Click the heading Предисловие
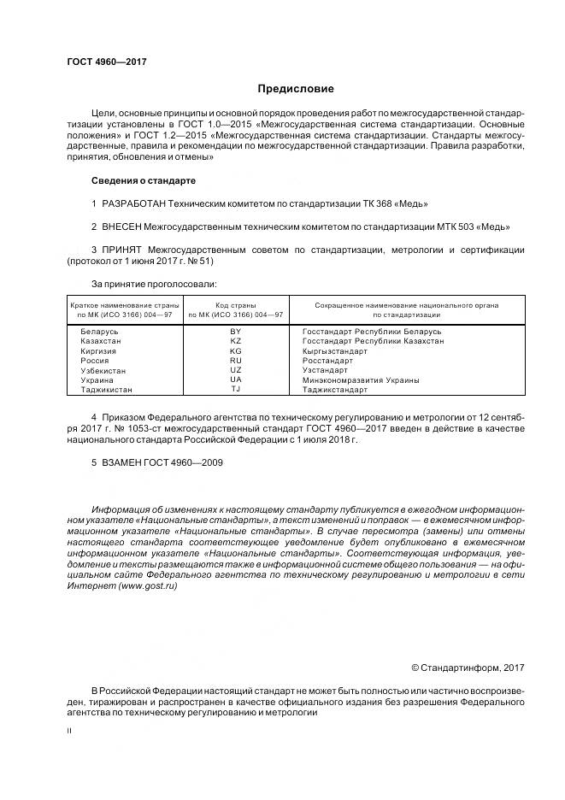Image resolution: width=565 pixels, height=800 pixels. pyautogui.click(x=296, y=89)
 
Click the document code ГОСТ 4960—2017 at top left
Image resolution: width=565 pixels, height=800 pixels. pyautogui.click(x=106, y=62)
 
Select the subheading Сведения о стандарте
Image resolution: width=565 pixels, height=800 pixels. pyautogui.click(x=144, y=180)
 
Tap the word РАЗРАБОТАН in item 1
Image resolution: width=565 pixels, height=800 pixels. pyautogui.click(x=133, y=203)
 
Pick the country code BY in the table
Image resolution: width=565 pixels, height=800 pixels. pyautogui.click(x=236, y=331)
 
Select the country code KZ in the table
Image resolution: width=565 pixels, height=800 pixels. pyautogui.click(x=236, y=340)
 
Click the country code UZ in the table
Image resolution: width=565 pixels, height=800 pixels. pyautogui.click(x=236, y=370)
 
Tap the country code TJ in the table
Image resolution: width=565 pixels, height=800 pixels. pyautogui.click(x=236, y=389)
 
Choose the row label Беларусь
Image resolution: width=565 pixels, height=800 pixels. pyautogui.click(x=99, y=331)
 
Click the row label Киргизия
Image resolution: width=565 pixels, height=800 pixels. pyautogui.click(x=99, y=350)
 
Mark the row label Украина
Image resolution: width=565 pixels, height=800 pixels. pyautogui.click(x=97, y=379)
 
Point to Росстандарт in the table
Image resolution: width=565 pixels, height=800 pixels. pyautogui.click(x=327, y=360)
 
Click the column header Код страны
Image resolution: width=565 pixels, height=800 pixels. pyautogui.click(x=236, y=305)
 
